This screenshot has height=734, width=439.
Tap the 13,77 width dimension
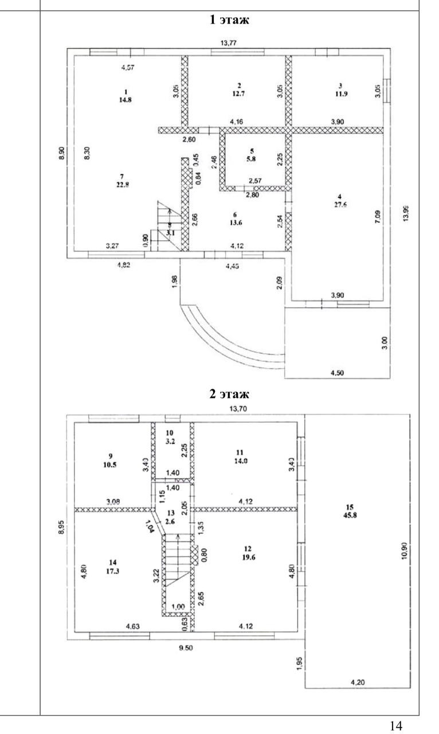[x=230, y=42]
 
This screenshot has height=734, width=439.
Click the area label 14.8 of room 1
[x=125, y=99]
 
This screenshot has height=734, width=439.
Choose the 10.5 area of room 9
[x=110, y=464]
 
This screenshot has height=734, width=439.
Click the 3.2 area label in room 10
[x=169, y=440]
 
